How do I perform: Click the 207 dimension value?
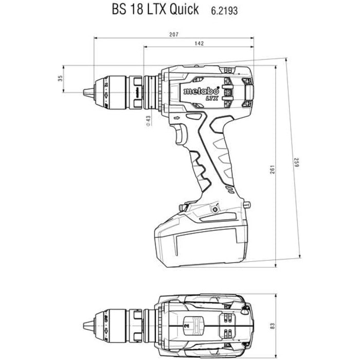tap(173, 34)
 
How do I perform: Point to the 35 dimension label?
tap(60, 79)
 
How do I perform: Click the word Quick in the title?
tap(183, 9)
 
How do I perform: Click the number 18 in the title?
tap(136, 9)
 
